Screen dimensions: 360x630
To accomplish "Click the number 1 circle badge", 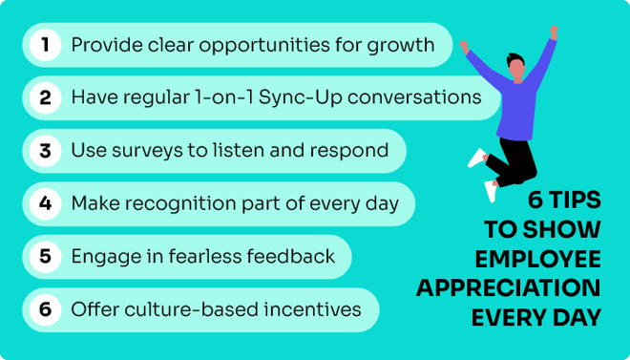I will [x=45, y=45].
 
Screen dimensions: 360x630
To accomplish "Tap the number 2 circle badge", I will [x=45, y=97].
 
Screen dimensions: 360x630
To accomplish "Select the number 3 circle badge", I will [x=45, y=151].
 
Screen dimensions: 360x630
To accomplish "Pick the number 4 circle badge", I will [x=45, y=203].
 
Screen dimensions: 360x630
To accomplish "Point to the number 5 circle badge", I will [x=45, y=256].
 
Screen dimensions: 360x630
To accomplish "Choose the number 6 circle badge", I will [x=45, y=309].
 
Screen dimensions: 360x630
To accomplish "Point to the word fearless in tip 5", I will [x=215, y=256].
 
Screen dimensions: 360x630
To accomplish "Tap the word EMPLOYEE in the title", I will [x=538, y=259].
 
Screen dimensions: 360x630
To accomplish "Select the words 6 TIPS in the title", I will [x=564, y=201].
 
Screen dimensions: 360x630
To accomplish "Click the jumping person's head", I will [x=516, y=69].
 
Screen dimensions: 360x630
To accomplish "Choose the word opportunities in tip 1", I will [x=238, y=45].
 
